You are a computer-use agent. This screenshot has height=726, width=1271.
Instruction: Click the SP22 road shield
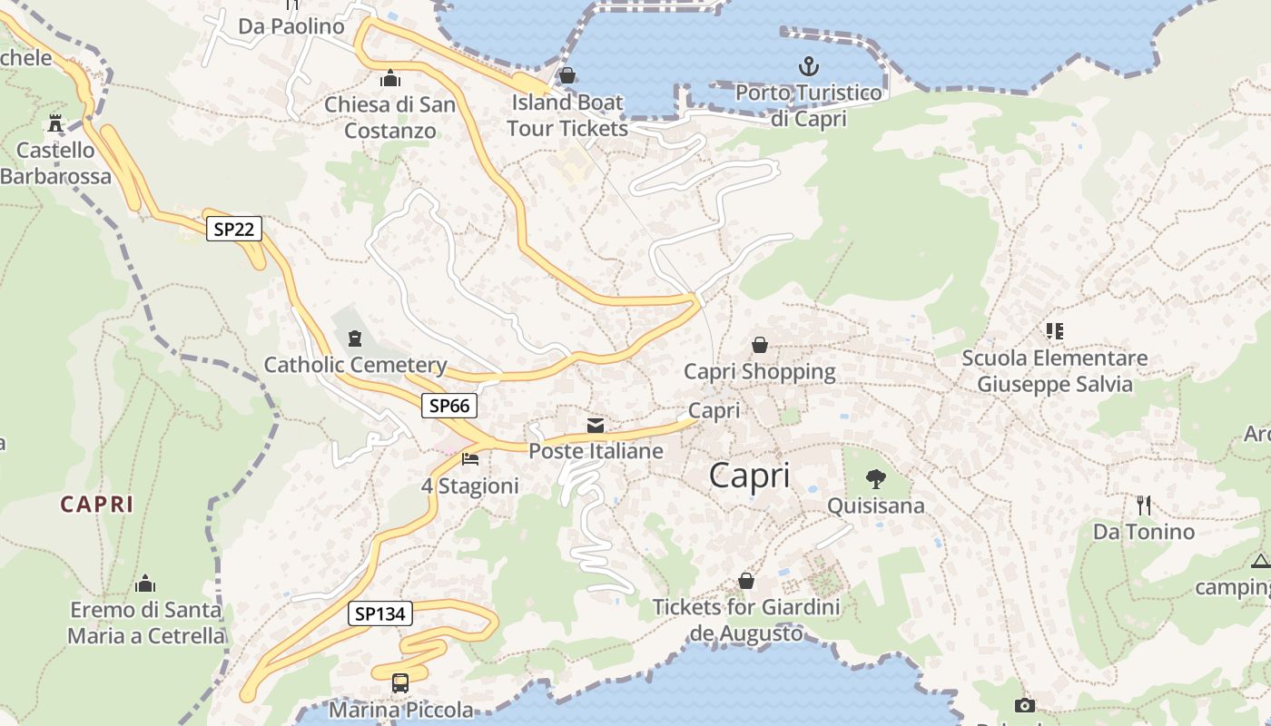coord(233,229)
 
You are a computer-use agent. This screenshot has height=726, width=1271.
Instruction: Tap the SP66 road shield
coord(449,406)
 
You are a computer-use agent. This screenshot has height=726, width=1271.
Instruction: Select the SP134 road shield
coord(380,613)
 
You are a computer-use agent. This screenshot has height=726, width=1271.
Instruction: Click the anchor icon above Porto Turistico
coord(808,66)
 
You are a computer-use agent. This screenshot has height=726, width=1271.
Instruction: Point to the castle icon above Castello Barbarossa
coord(56,123)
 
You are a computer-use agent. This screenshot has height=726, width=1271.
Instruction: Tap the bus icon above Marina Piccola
coord(399,682)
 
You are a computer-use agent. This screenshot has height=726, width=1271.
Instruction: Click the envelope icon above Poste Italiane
coord(596,425)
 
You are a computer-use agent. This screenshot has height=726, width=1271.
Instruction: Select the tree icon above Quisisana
coord(876,478)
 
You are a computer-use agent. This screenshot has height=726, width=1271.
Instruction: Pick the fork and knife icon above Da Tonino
coord(1144,505)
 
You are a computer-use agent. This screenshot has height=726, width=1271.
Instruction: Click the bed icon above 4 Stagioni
coord(470,459)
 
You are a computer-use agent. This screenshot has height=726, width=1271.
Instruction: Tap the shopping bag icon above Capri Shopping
coord(759,345)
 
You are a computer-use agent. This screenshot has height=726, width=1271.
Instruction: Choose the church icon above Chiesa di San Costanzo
coord(390,78)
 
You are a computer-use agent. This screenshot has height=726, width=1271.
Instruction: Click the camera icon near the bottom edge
coord(1024,705)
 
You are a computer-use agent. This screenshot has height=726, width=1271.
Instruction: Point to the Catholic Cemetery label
coord(355,365)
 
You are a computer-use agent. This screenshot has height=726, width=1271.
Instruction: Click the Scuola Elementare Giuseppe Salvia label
coord(1054,371)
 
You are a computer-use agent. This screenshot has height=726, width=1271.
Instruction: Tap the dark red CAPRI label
coord(97,505)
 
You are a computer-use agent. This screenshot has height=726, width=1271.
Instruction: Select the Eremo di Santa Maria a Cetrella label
coord(145,622)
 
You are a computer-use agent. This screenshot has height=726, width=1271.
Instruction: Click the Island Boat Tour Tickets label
coord(567,115)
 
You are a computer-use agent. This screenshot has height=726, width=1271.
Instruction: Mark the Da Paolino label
coord(291,26)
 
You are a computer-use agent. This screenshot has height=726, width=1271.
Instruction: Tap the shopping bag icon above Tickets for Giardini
coord(746,580)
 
